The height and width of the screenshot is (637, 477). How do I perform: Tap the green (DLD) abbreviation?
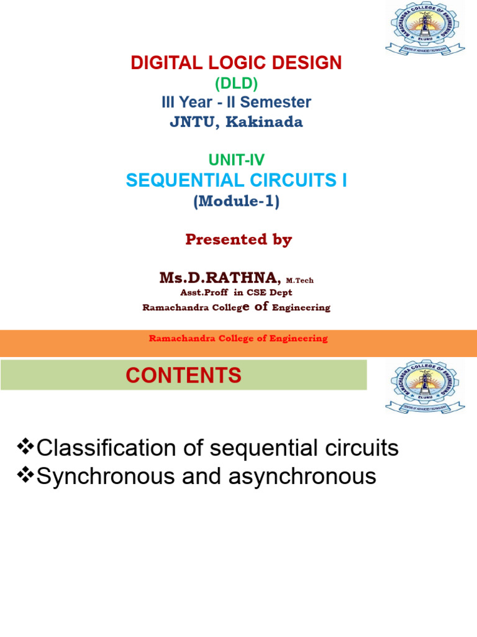pyautogui.click(x=236, y=83)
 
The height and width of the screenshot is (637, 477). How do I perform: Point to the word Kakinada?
pyautogui.click(x=268, y=122)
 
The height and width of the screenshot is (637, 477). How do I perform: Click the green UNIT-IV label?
pyautogui.click(x=236, y=161)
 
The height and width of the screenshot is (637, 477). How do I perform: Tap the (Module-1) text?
pyautogui.click(x=236, y=202)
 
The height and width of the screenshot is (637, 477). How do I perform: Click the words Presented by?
pyautogui.click(x=238, y=240)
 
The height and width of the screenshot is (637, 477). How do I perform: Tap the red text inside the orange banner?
pyautogui.click(x=238, y=338)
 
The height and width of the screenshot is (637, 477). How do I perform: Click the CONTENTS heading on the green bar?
pyautogui.click(x=183, y=375)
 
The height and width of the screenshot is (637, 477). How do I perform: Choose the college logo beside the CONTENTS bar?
pyautogui.click(x=424, y=388)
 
